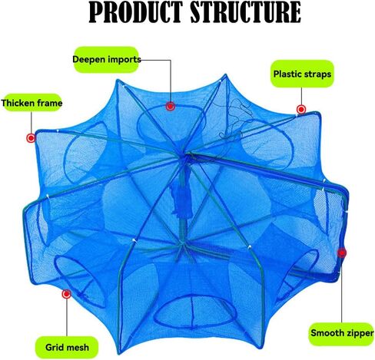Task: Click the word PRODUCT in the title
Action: pos(135,12)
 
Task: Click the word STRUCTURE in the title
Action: pos(245,12)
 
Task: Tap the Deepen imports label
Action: pos(106,60)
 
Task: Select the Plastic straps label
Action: pos(302,74)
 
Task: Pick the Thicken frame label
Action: pos(32,103)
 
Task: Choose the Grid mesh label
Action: pos(67,347)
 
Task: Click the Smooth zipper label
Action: pos(342,333)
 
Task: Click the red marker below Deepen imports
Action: pos(171,106)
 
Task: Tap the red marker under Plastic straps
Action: pos(301,110)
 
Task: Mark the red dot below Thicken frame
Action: pos(31,138)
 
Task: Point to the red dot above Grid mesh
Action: pos(67,294)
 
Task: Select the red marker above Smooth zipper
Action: pos(342,253)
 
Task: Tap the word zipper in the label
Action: pos(359,333)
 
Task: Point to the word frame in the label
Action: pos(50,103)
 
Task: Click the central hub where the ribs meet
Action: pos(187,155)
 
